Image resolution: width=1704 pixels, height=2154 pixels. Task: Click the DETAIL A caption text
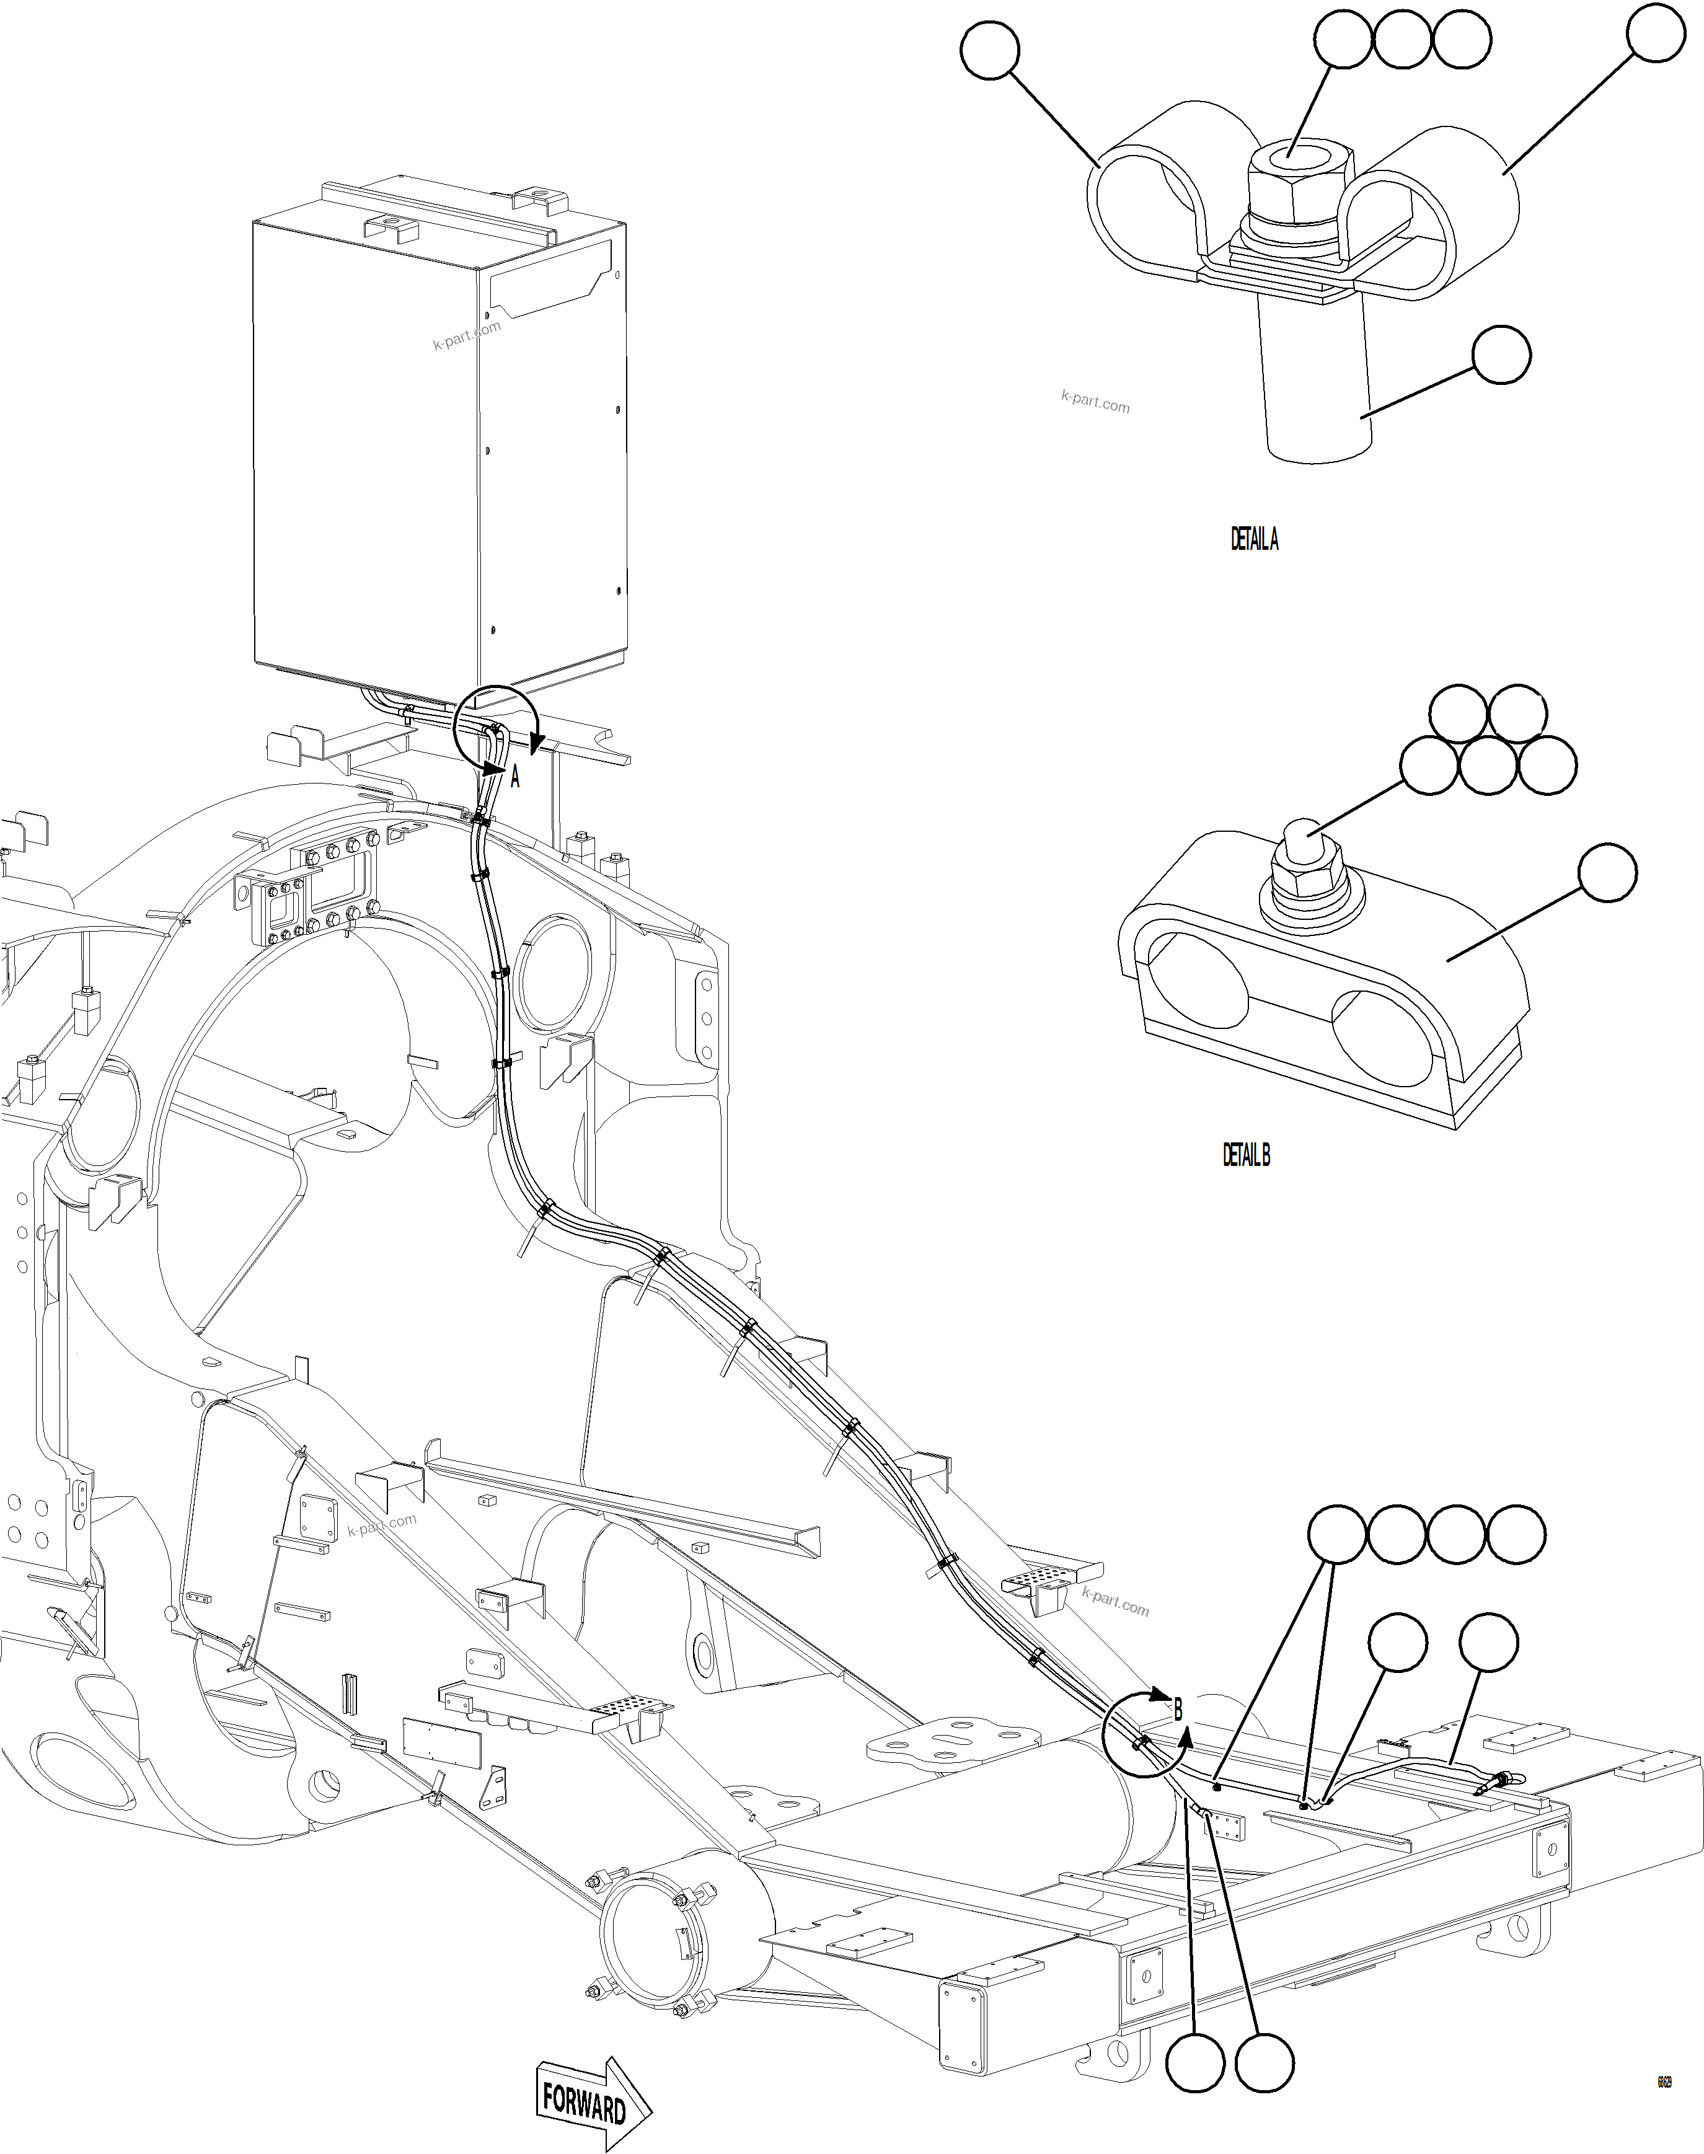(x=1253, y=540)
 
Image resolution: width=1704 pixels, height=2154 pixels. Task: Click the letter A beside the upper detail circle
(x=514, y=777)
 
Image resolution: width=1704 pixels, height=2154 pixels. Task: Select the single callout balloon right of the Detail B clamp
(x=1607, y=873)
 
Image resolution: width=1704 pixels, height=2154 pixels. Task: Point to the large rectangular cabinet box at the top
(x=439, y=439)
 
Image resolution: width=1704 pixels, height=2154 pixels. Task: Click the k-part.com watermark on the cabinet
(x=467, y=335)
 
